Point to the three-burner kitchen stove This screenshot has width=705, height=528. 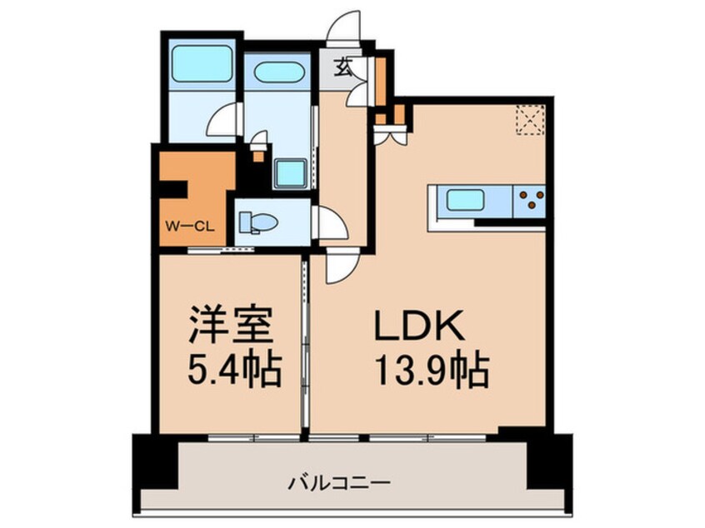(x=529, y=200)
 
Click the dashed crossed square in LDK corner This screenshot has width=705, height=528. (x=528, y=118)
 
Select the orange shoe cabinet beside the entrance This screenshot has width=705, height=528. (x=380, y=77)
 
